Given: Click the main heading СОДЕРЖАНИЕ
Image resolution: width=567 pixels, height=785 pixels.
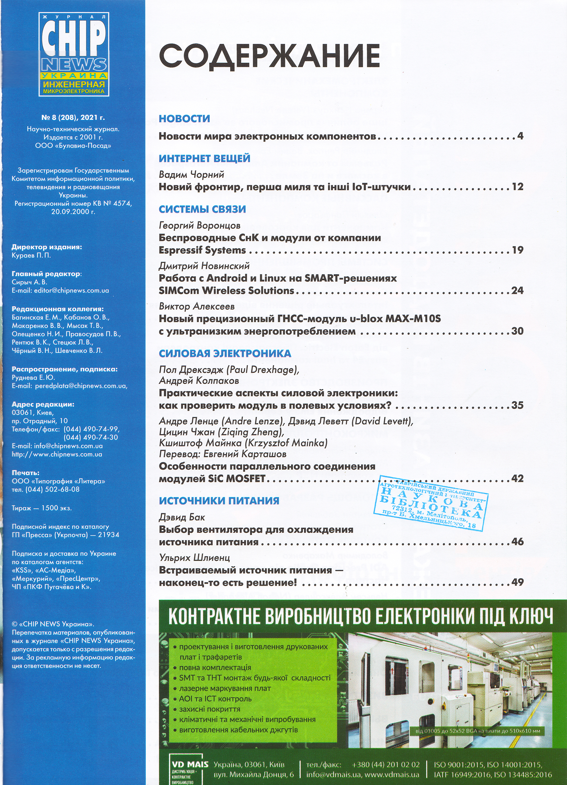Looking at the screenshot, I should (269, 56).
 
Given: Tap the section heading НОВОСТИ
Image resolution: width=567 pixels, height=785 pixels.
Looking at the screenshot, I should (184, 119).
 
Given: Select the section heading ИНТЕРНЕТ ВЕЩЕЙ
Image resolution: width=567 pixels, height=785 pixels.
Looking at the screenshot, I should (204, 158).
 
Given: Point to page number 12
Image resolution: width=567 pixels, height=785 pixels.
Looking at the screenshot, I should (517, 187).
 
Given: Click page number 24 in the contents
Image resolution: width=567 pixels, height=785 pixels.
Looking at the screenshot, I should (517, 290).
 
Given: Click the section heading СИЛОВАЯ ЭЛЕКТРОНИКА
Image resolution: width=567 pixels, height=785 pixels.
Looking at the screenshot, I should (225, 353).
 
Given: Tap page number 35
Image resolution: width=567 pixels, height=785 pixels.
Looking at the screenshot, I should (517, 405).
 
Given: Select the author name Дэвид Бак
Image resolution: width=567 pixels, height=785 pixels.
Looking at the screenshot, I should (182, 517).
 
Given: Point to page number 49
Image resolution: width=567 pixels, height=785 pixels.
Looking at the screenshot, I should (517, 582).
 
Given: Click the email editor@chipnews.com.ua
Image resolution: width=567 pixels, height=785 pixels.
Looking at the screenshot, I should (71, 290).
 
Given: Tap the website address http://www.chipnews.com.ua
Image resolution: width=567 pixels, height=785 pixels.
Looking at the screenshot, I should (57, 454).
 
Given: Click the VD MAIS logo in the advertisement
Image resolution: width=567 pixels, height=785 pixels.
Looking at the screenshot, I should (190, 764).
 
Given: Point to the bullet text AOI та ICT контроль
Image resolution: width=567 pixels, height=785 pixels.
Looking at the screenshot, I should (215, 698).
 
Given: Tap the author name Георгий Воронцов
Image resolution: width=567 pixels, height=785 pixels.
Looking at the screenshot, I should (200, 225).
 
